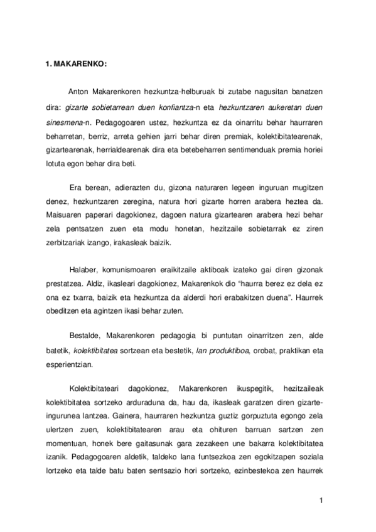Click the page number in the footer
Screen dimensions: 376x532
point(320,500)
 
